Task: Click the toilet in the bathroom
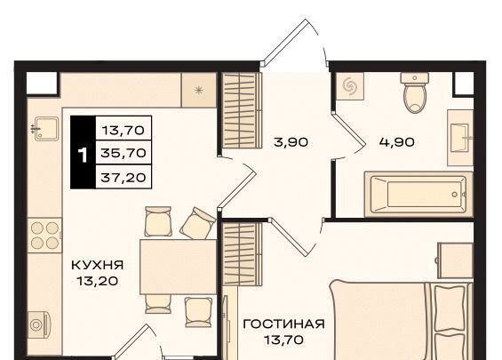[x=415, y=92]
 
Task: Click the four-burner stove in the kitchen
[x=44, y=236]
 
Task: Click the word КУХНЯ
[x=98, y=265]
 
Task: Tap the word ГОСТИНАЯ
[x=284, y=324]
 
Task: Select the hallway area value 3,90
[x=291, y=142]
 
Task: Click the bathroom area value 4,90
[x=396, y=142]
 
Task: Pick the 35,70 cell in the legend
[x=124, y=153]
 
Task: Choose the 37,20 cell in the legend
[x=124, y=177]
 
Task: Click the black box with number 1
[x=83, y=152]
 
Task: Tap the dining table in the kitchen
[x=179, y=267]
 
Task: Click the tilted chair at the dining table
[x=197, y=223]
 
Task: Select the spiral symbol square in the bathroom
[x=350, y=86]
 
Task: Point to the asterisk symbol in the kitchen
[x=199, y=91]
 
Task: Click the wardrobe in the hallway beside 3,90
[x=242, y=110]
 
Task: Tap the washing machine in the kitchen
[x=38, y=324]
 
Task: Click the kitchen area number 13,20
[x=98, y=281]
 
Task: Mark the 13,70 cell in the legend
[x=124, y=128]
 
